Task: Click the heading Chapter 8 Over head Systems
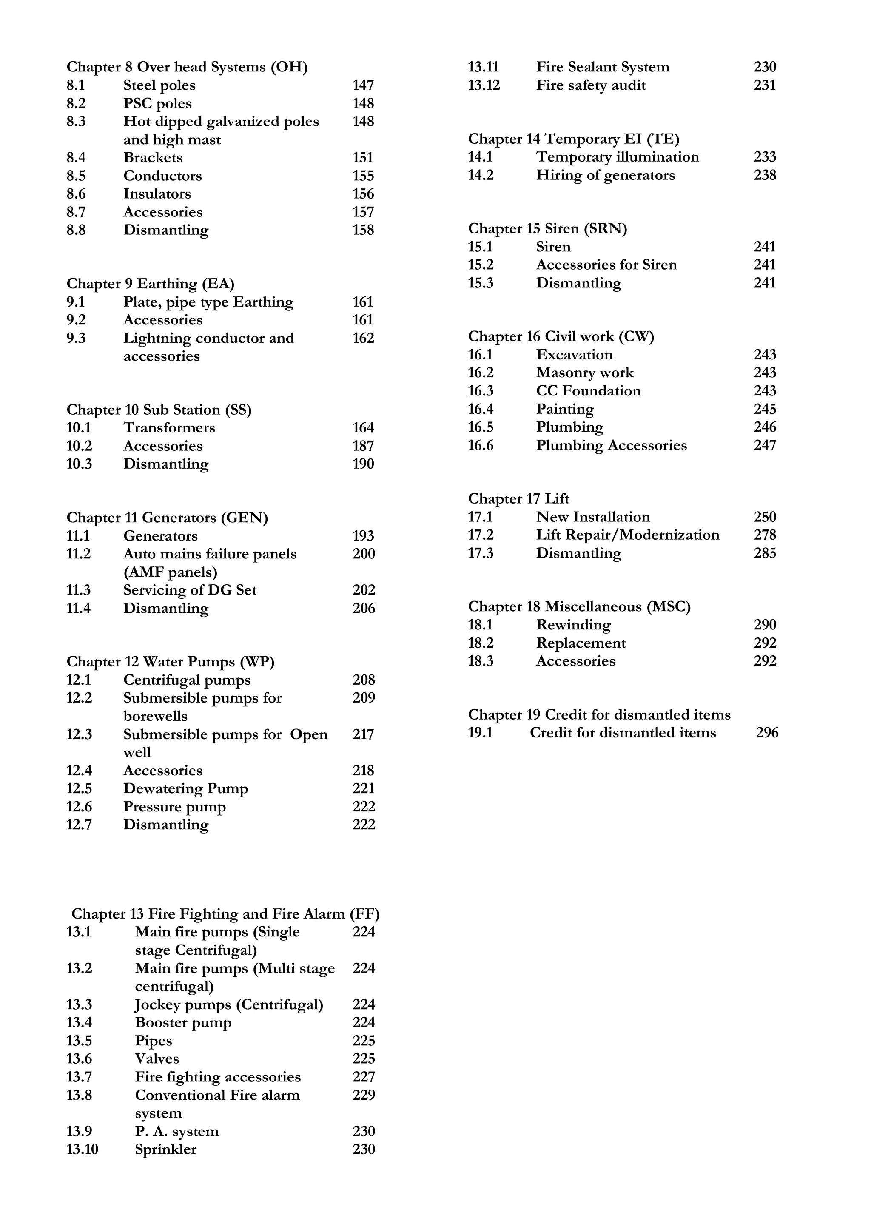tap(187, 67)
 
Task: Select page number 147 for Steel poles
tap(363, 85)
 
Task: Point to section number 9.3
tap(76, 338)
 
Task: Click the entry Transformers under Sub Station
tap(169, 428)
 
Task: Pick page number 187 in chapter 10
tap(363, 446)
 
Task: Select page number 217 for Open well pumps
tap(363, 734)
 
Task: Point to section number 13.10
tap(82, 1149)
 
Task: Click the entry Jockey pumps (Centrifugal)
tap(229, 1004)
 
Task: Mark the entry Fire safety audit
tap(590, 85)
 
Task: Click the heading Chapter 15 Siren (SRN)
tap(547, 229)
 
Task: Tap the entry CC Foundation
tap(588, 391)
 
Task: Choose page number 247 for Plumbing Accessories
tap(764, 445)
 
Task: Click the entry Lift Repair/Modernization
tap(627, 535)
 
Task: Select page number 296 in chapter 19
tap(766, 733)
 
